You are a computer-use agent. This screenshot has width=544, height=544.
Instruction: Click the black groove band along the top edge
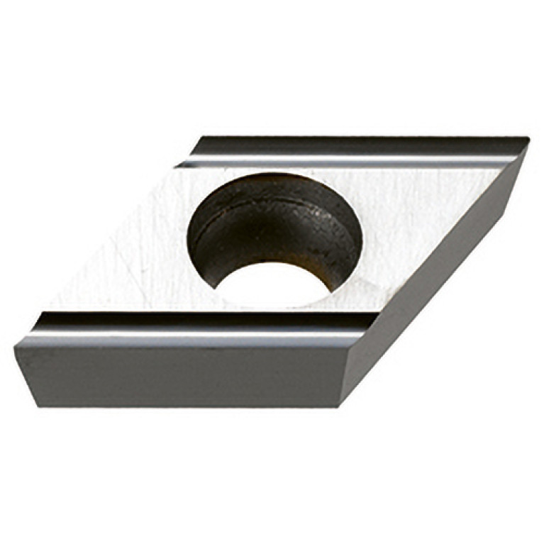[355, 145]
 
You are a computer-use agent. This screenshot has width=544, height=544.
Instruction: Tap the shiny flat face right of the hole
[418, 213]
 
